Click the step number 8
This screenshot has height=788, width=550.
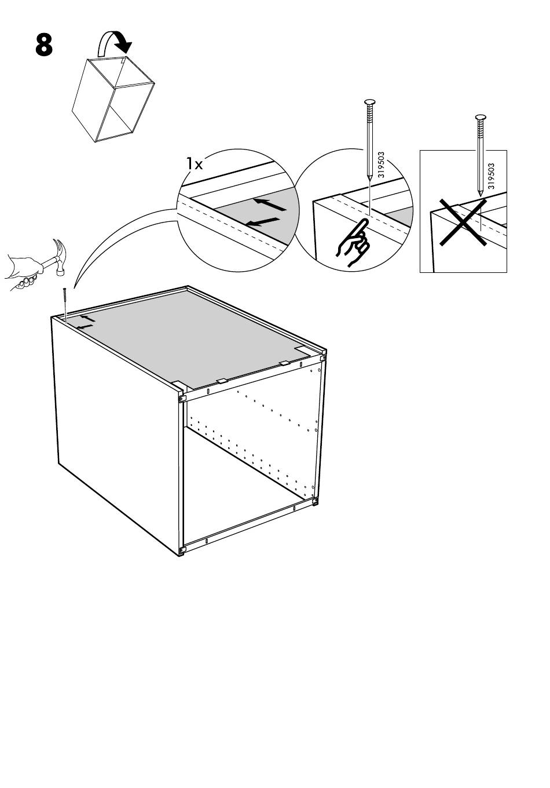pyautogui.click(x=44, y=45)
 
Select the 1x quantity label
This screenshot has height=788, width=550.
pyautogui.click(x=195, y=164)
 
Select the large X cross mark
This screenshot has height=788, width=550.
pyautogui.click(x=461, y=222)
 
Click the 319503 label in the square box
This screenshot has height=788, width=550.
pyautogui.click(x=491, y=176)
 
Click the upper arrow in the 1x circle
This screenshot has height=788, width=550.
pyautogui.click(x=271, y=204)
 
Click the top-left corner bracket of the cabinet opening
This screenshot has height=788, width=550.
pyautogui.click(x=182, y=398)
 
